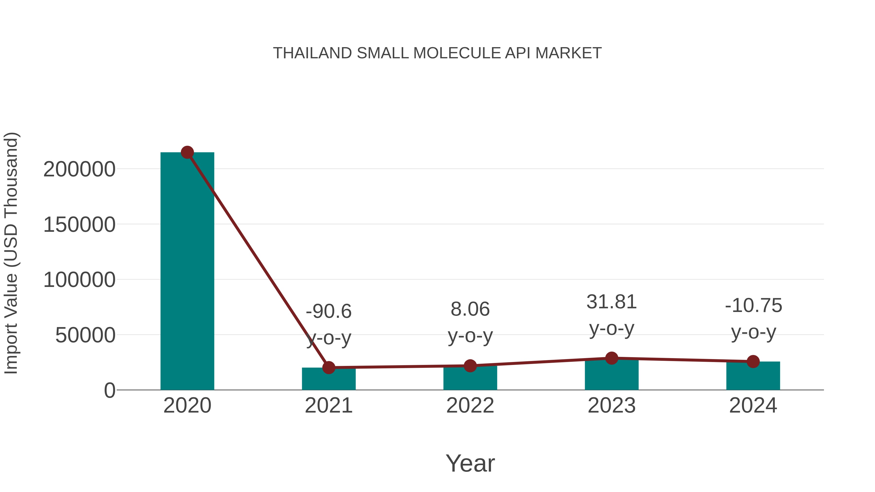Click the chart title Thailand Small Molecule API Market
(x=437, y=53)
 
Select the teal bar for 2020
(x=187, y=272)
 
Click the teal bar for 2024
(x=753, y=377)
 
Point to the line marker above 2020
(x=187, y=152)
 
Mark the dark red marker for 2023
(x=612, y=358)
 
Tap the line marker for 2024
(x=753, y=362)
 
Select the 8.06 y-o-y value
(x=470, y=309)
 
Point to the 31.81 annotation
(x=612, y=302)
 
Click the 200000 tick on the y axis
(x=79, y=169)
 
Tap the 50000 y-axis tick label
(x=85, y=336)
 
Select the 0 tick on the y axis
(x=109, y=390)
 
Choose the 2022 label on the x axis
(x=470, y=406)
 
